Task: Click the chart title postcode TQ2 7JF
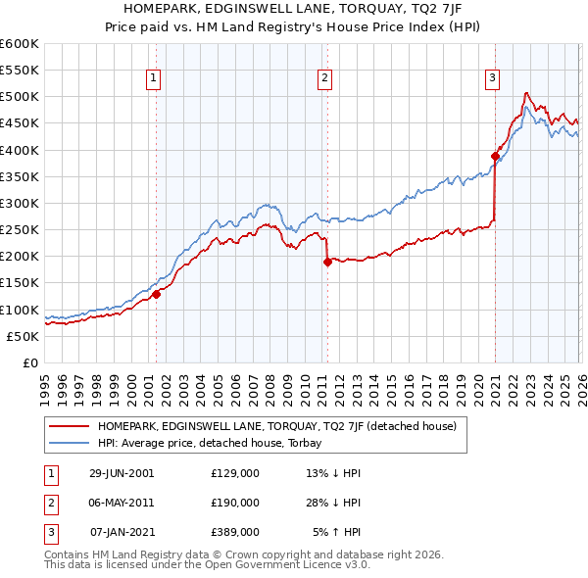(x=416, y=8)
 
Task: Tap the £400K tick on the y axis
(x=20, y=150)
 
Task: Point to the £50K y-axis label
(x=23, y=336)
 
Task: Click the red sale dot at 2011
(x=327, y=262)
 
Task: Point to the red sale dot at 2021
(x=496, y=156)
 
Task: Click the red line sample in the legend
(x=71, y=427)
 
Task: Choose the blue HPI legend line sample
(x=71, y=443)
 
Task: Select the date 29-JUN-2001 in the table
(x=121, y=472)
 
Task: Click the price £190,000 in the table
(x=234, y=503)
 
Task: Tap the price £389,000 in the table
(x=234, y=532)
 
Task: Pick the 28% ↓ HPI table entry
(x=333, y=503)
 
